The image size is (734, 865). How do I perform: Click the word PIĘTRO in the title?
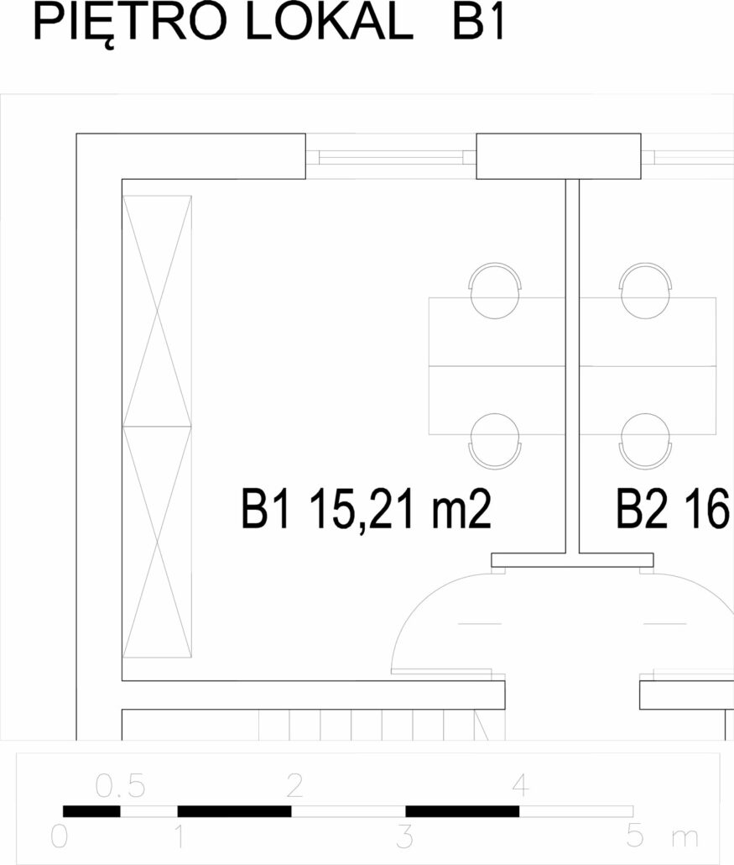coord(130,24)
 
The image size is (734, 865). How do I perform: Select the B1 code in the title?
coord(478,23)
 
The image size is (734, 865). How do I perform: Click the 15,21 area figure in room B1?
coord(365,509)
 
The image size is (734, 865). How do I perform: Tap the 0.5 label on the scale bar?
coord(120,786)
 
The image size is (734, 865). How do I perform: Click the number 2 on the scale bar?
coord(294,785)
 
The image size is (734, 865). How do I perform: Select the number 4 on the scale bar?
coord(521,785)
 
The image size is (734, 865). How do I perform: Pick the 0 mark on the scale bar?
coord(60,836)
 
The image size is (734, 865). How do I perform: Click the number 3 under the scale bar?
coord(405,836)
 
